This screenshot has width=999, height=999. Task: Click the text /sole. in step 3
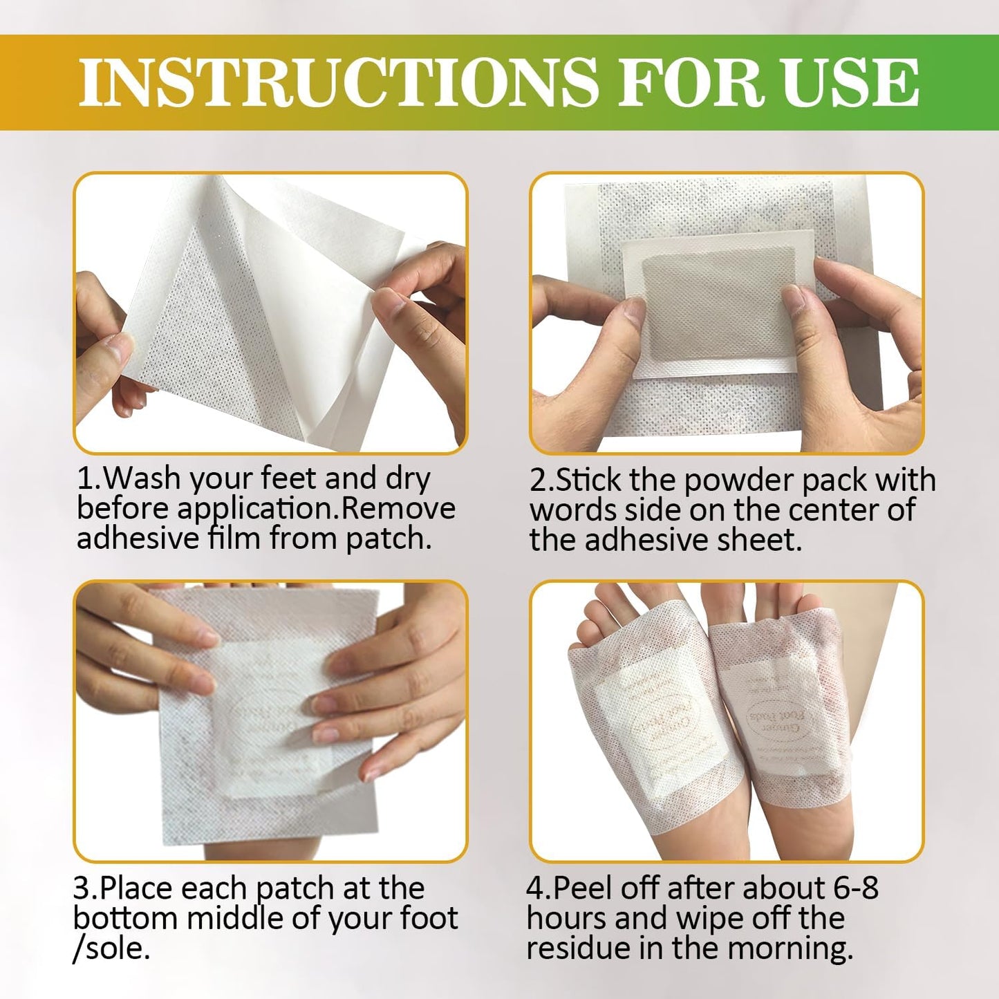click(x=111, y=949)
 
